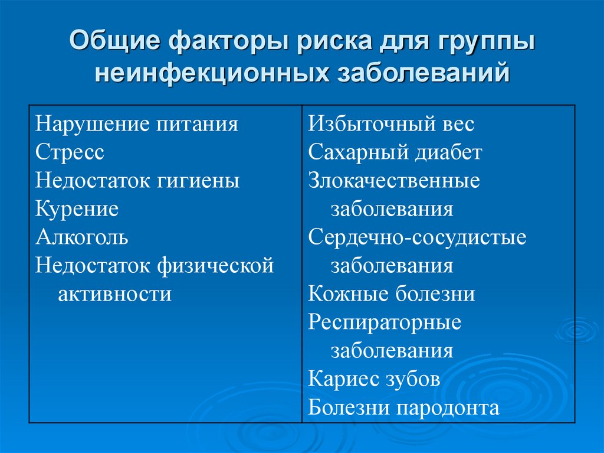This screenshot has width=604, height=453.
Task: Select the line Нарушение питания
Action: click(137, 124)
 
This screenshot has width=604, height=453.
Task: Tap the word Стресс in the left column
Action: click(70, 152)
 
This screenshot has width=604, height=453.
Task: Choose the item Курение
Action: click(77, 209)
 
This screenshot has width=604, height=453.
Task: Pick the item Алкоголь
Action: click(82, 237)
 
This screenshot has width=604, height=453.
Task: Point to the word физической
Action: click(215, 266)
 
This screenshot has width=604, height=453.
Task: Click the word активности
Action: click(114, 294)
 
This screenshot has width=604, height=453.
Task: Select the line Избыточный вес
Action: click(391, 124)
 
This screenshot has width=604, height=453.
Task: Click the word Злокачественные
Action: click(394, 181)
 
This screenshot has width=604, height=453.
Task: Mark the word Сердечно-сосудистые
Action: click(417, 237)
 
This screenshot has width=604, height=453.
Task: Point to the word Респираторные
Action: click(385, 322)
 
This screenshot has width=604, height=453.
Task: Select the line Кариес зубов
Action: click(374, 379)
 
